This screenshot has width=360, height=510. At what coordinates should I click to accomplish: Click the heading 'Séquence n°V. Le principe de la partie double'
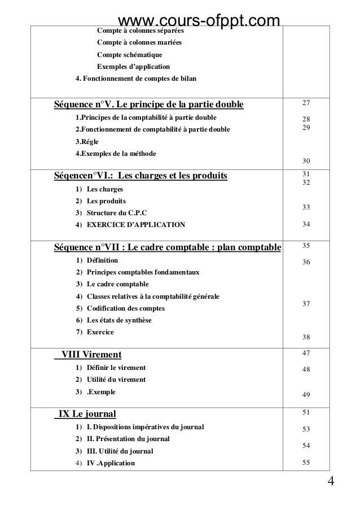tap(148, 105)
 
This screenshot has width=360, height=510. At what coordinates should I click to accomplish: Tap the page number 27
tap(306, 103)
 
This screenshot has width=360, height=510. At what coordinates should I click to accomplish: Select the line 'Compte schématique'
tap(129, 55)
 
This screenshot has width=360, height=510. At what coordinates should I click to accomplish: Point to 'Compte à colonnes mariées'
tap(139, 42)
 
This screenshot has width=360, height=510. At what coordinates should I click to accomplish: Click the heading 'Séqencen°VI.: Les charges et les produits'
tap(140, 177)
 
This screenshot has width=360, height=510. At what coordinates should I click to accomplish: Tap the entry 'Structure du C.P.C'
tap(116, 212)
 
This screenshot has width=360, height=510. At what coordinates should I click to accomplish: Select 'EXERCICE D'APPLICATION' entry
tap(135, 225)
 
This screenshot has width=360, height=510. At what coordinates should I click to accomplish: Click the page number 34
tap(306, 224)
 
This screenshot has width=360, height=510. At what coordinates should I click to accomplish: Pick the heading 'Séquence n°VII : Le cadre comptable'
tap(167, 248)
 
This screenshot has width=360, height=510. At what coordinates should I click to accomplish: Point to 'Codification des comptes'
tap(125, 308)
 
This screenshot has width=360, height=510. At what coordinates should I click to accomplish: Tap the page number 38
tap(306, 337)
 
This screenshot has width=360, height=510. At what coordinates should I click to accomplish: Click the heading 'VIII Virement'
tap(91, 355)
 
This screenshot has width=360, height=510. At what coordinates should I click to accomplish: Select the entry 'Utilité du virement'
tap(116, 380)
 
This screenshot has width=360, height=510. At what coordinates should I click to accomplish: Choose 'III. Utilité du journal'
tap(120, 451)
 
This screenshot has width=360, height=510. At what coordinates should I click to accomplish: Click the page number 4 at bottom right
tap(331, 481)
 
